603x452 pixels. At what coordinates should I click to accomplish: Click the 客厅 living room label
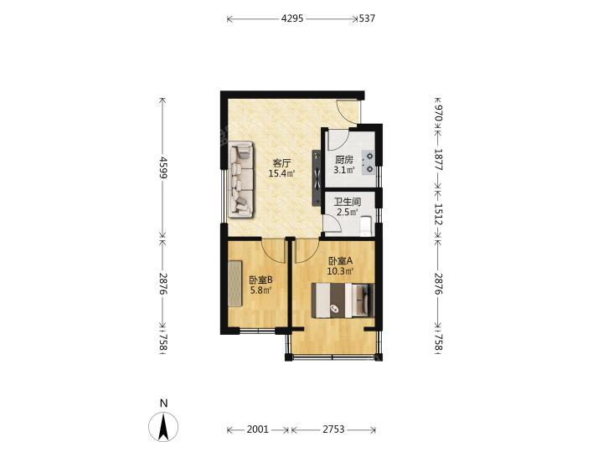click(281, 163)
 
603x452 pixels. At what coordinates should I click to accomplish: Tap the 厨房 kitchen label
click(344, 160)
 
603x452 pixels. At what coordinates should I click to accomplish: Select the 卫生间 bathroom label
click(348, 202)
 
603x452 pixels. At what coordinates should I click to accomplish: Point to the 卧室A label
click(340, 261)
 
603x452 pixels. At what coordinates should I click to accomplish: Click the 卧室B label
click(260, 280)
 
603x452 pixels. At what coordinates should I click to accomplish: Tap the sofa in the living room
click(241, 179)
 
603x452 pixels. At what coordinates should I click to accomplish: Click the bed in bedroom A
click(343, 300)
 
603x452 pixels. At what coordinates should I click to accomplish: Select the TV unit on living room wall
click(316, 177)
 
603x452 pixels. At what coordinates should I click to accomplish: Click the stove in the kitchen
click(368, 162)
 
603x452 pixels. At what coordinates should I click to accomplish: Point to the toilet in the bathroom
click(366, 226)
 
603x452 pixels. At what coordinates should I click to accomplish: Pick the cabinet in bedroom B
click(235, 284)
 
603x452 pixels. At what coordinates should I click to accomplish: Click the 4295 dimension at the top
click(292, 18)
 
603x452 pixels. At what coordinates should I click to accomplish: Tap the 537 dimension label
click(367, 18)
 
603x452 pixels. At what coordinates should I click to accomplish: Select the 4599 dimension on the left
click(163, 167)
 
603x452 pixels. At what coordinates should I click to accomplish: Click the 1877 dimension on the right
click(439, 160)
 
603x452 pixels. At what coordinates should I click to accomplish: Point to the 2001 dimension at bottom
click(257, 429)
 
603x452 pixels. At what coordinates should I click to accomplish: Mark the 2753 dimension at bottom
click(333, 429)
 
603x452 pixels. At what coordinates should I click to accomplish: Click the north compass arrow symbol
click(163, 427)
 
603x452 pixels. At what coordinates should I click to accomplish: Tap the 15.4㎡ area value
click(281, 173)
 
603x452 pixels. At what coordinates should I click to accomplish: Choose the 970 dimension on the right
click(439, 113)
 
